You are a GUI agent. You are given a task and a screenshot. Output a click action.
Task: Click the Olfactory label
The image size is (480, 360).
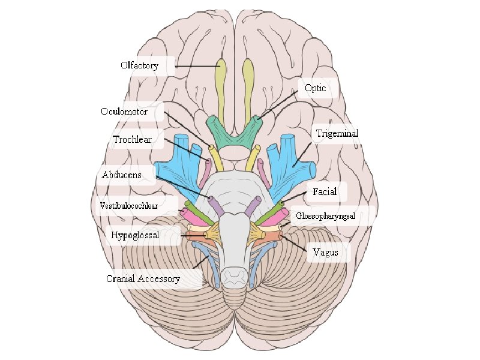139,65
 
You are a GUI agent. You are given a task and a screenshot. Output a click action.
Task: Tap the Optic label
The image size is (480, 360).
315,88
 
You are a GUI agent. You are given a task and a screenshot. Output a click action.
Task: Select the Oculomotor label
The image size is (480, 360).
124,111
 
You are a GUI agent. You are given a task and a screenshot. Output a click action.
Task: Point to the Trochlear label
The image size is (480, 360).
132,140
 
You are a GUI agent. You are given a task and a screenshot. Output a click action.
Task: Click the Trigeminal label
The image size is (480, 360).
337,133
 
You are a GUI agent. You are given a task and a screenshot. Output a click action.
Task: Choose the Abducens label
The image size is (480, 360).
121,175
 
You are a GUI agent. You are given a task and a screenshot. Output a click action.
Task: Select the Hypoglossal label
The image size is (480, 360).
135,235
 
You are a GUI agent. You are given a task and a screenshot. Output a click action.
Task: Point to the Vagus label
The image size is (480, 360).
326,253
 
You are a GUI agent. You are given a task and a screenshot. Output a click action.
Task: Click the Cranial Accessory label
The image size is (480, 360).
143,278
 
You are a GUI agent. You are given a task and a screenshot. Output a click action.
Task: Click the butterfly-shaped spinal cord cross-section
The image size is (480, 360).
234,276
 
